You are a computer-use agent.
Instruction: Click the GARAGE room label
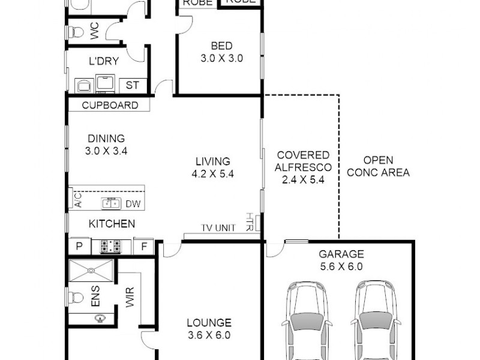pyautogui.click(x=341, y=254)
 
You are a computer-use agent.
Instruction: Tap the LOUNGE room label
pyautogui.click(x=209, y=323)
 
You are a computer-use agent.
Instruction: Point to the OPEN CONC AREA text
pyautogui.click(x=378, y=166)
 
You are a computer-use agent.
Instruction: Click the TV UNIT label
pyautogui.click(x=218, y=228)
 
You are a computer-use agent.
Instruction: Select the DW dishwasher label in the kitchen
pyautogui.click(x=133, y=204)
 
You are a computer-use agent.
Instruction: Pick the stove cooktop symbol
pyautogui.click(x=110, y=246)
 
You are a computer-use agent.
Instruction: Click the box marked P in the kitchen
pyautogui.click(x=79, y=246)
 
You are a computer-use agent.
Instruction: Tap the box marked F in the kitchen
pyautogui.click(x=143, y=246)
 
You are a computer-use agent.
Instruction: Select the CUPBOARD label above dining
pyautogui.click(x=110, y=106)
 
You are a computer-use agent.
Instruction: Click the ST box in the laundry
pyautogui.click(x=132, y=85)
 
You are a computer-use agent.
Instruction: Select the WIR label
pyautogui.click(x=130, y=297)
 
